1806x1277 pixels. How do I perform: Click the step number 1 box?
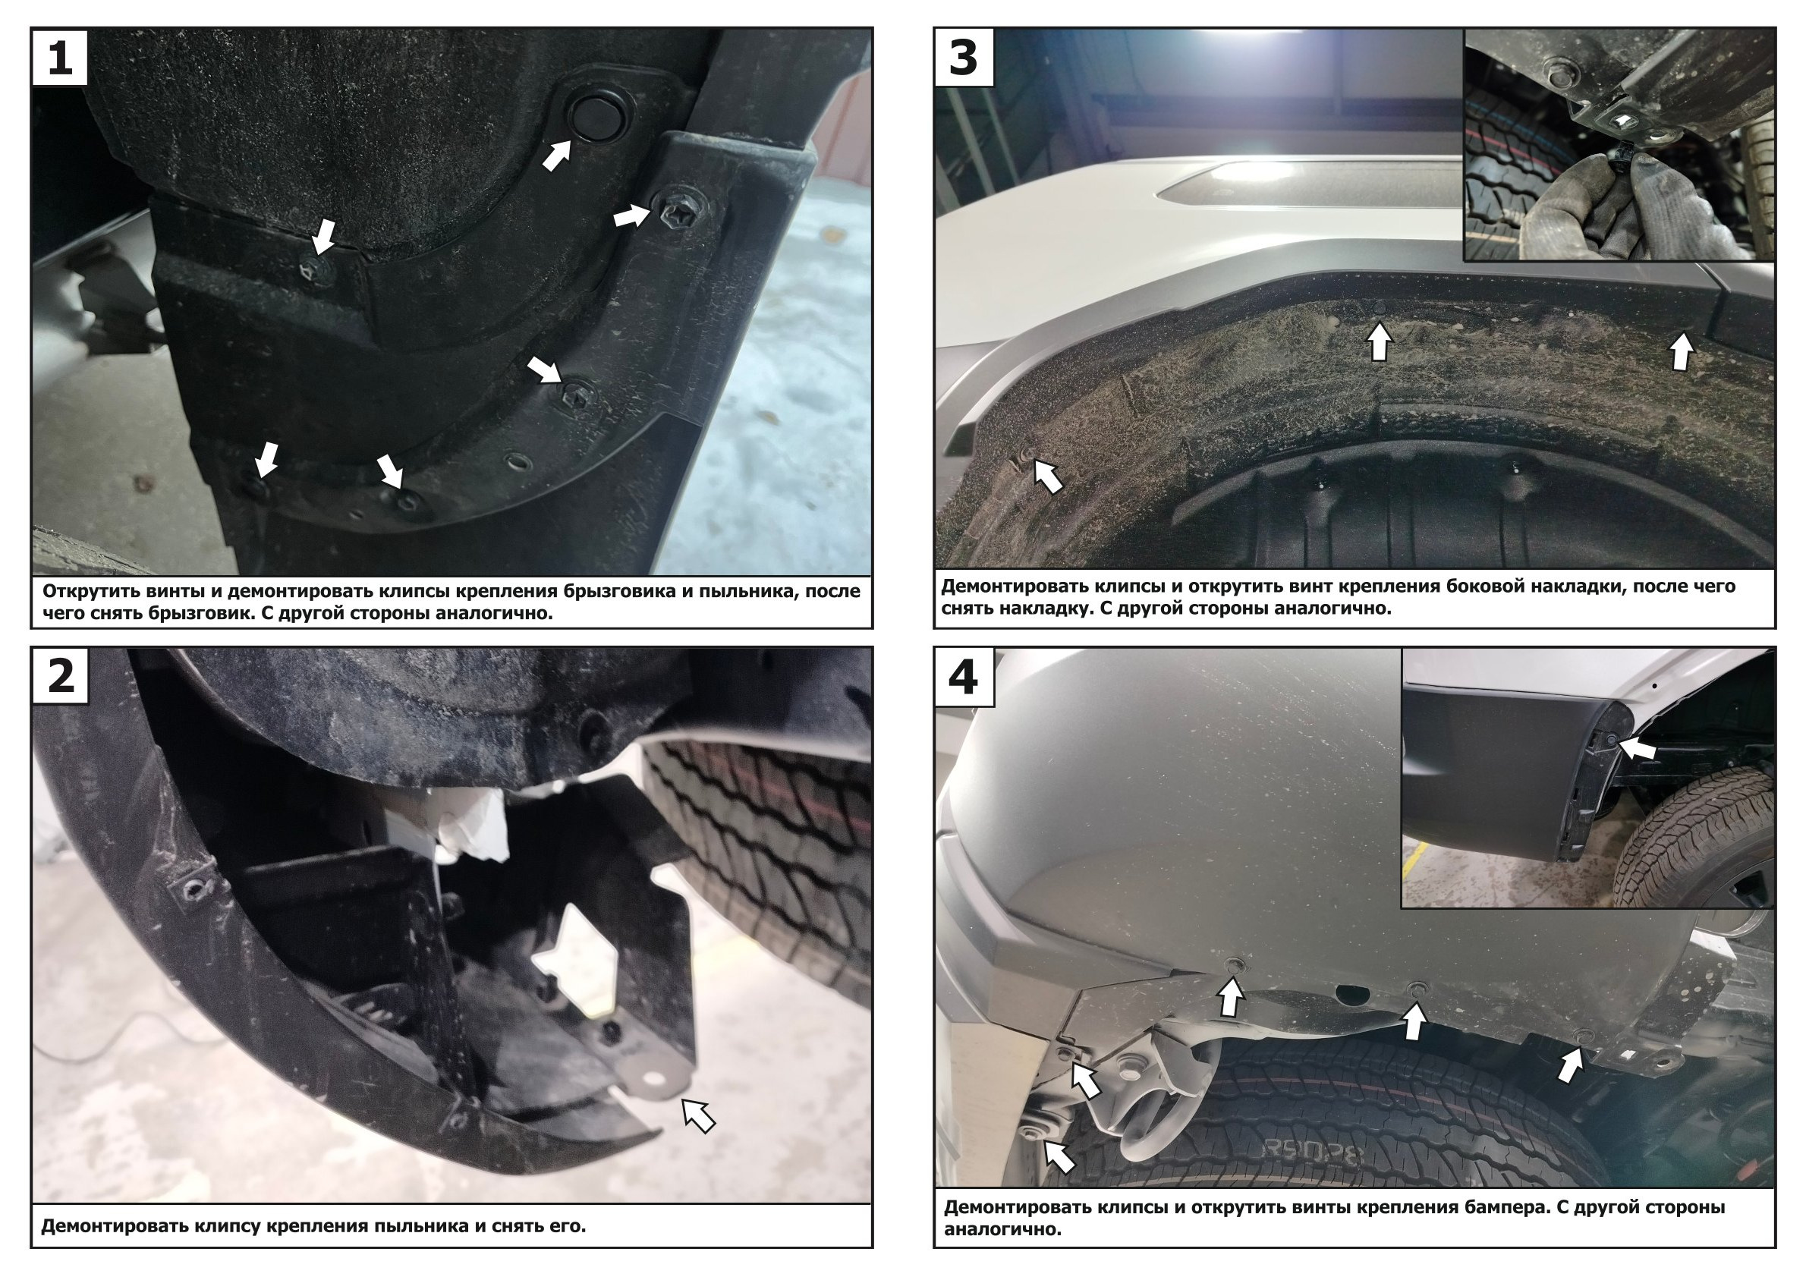[61, 58]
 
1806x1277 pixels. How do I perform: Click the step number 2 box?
[61, 675]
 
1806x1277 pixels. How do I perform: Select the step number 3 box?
[964, 58]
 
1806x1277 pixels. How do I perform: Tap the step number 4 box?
[964, 675]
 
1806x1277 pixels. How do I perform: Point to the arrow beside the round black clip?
[557, 155]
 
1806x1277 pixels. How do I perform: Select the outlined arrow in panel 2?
[698, 1115]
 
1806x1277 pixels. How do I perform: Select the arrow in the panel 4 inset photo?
[1637, 748]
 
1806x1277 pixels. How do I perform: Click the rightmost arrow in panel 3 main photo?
[1681, 351]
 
